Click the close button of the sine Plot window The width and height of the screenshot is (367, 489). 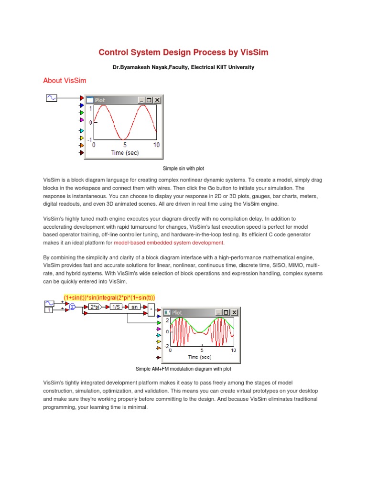[158, 100]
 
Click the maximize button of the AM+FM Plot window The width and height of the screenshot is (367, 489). [227, 312]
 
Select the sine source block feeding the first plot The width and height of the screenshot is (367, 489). [51, 97]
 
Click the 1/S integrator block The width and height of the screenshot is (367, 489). [116, 307]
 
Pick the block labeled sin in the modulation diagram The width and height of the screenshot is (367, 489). [135, 307]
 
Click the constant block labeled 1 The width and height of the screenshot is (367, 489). [49, 311]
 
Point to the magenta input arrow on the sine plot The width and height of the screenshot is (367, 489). [81, 120]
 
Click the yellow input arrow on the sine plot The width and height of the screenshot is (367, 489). [81, 138]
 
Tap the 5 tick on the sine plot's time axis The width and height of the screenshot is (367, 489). [125, 145]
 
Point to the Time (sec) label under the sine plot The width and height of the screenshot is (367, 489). [125, 153]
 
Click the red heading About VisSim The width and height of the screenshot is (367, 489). [65, 81]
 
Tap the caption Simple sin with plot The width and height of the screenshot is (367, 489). [183, 169]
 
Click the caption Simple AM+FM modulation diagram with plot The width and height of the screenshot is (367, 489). [183, 369]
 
